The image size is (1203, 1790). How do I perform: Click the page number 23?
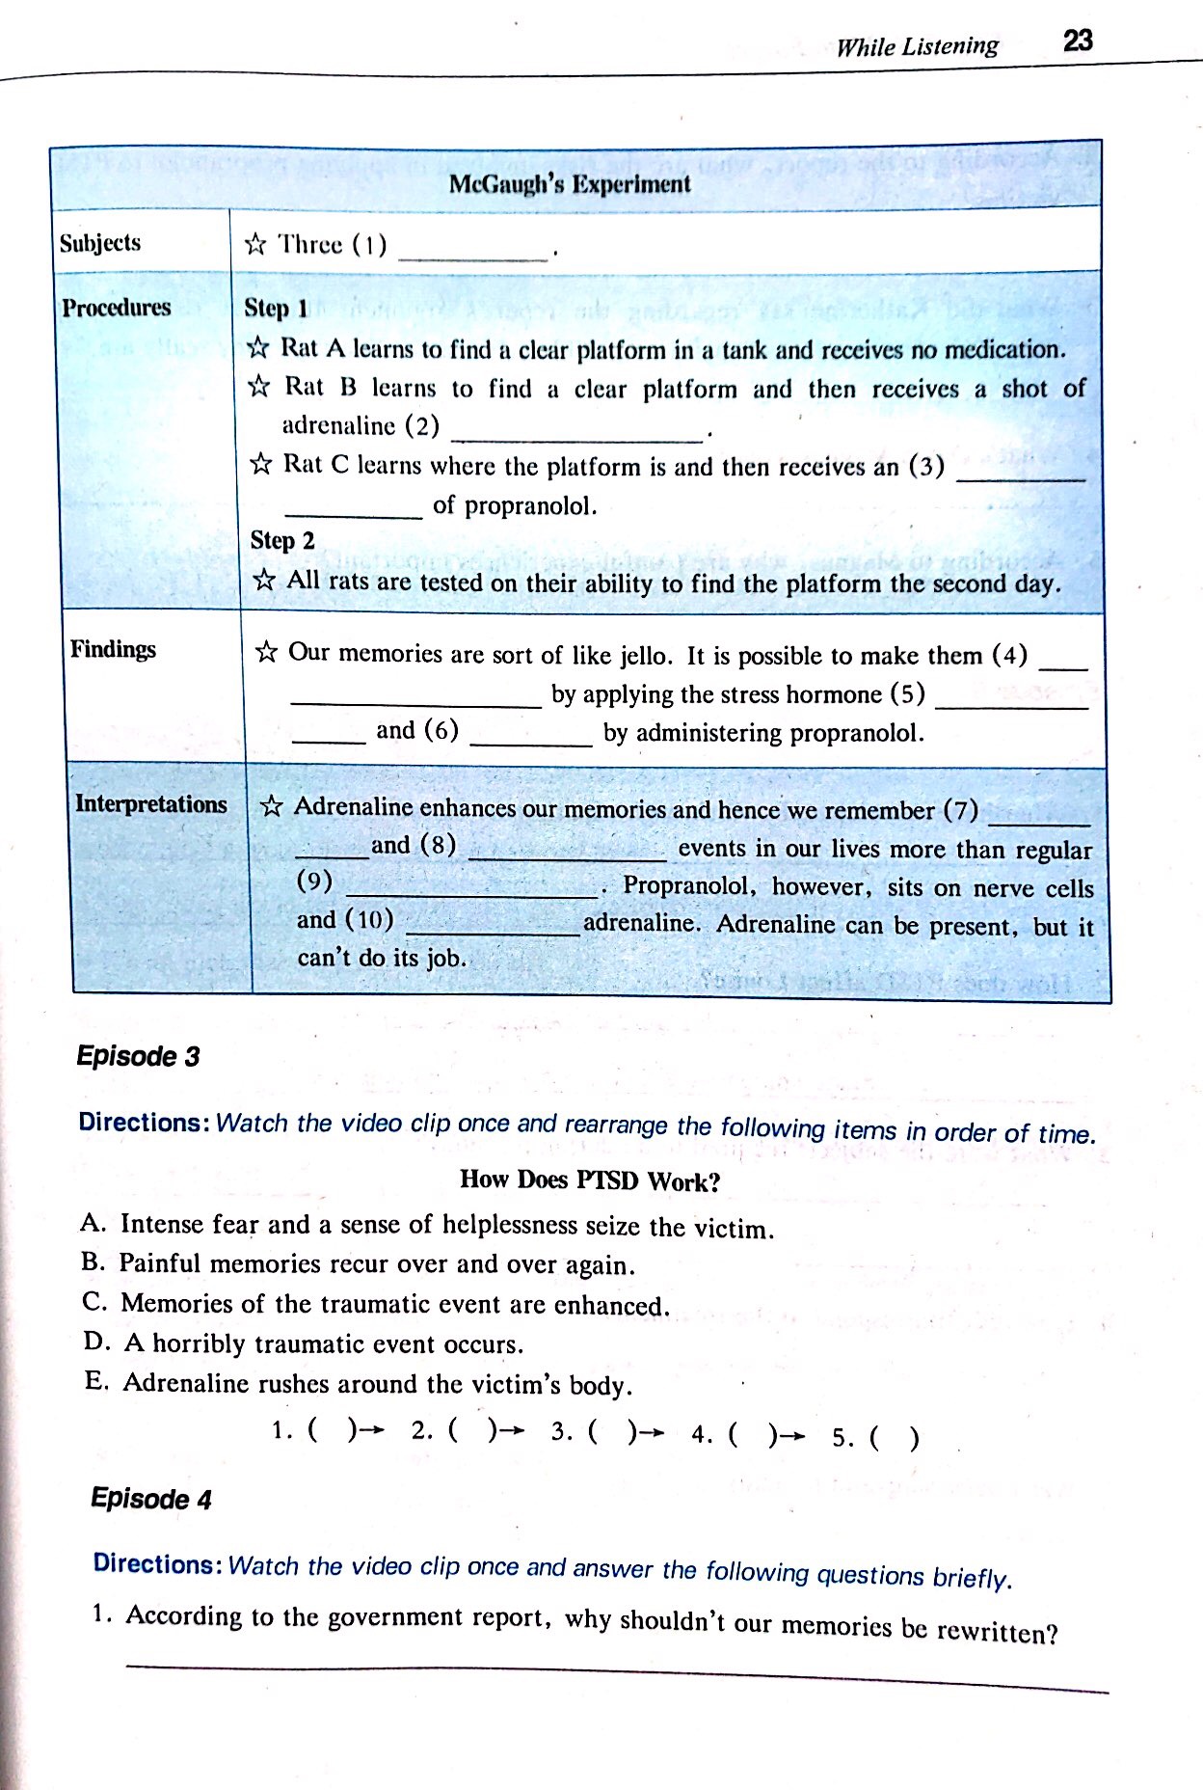(x=1077, y=41)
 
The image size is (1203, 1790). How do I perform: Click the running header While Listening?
(x=917, y=46)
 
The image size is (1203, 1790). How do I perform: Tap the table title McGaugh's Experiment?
(x=570, y=183)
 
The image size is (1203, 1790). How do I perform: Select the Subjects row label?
(x=100, y=242)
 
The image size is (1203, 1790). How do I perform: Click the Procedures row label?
(x=117, y=308)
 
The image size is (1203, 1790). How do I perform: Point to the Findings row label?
(x=113, y=649)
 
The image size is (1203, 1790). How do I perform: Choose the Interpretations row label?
(x=151, y=804)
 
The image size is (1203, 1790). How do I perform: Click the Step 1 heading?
(x=276, y=309)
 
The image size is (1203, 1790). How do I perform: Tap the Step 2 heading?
(x=282, y=540)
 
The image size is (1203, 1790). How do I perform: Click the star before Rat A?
(x=257, y=348)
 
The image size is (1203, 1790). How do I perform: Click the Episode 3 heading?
(x=138, y=1056)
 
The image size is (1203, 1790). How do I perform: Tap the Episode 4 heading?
(x=151, y=1498)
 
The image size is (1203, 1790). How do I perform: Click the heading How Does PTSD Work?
(x=590, y=1180)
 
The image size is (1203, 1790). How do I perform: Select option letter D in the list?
(x=94, y=1342)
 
